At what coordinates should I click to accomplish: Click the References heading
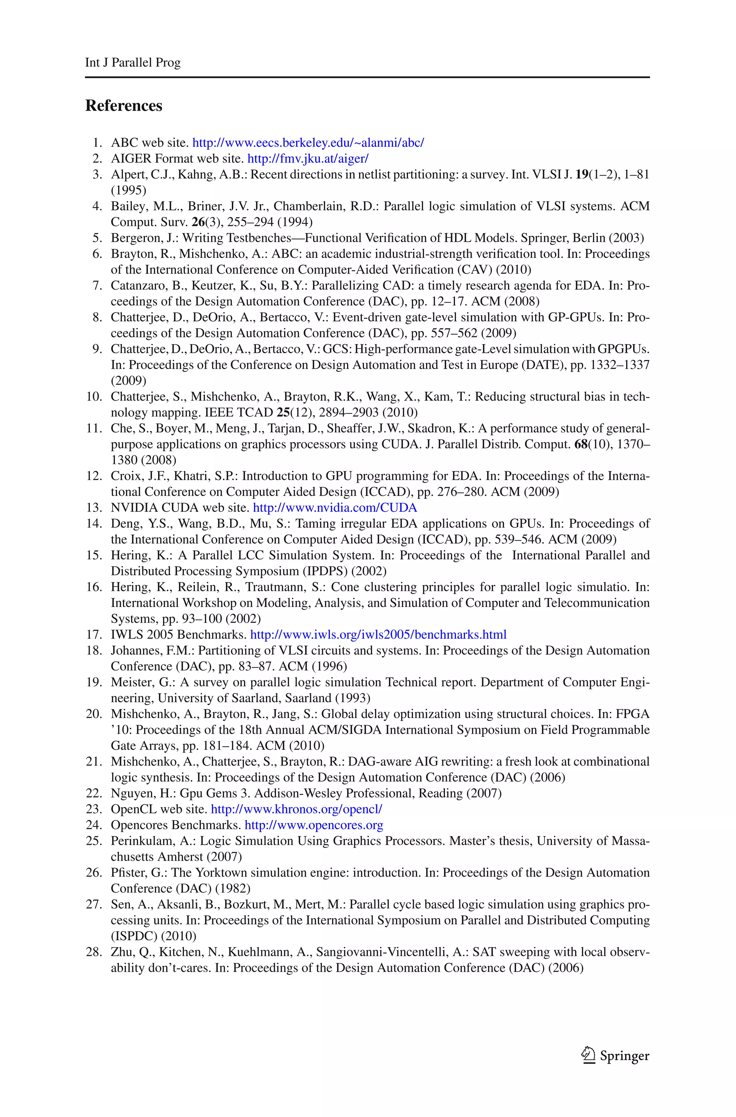pos(124,106)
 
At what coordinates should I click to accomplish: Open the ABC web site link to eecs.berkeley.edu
pos(308,143)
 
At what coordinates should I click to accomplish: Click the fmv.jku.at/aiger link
pos(308,159)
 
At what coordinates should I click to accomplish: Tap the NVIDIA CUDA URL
pos(335,508)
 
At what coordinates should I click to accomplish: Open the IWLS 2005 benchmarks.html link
pos(378,635)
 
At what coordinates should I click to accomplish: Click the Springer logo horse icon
pos(588,1054)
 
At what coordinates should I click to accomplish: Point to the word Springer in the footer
pos(624,1056)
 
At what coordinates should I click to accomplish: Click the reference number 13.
pos(94,508)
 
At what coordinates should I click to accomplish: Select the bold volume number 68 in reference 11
pos(581,444)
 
